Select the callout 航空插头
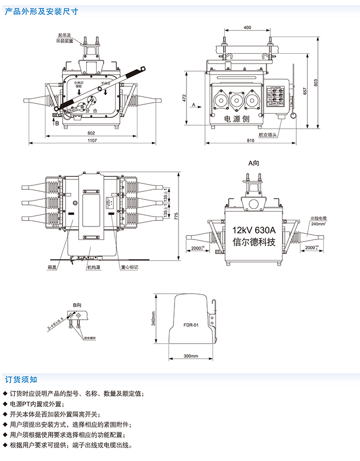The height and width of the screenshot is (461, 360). tap(267, 134)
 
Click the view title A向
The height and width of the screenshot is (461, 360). tap(254, 163)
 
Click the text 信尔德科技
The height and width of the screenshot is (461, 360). tap(255, 242)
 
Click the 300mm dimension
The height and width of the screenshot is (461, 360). tap(191, 356)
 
